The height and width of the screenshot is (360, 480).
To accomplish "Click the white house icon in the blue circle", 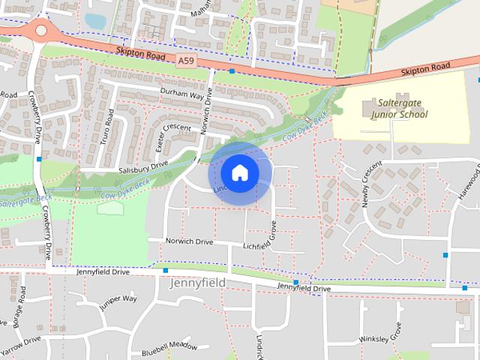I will [x=239, y=172].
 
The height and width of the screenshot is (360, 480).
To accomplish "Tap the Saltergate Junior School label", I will [x=398, y=109].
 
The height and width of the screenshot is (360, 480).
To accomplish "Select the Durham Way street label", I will [x=182, y=93].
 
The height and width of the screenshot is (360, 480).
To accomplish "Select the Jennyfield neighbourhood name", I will [x=197, y=283].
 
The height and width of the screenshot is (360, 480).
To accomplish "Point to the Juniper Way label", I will [x=118, y=302].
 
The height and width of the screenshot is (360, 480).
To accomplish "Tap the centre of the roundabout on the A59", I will [x=40, y=31].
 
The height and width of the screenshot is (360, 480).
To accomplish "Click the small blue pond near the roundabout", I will [x=95, y=21].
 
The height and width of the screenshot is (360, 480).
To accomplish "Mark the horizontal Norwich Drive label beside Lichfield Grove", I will [x=190, y=241].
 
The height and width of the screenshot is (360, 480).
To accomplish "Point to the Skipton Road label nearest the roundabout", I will [x=140, y=54].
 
